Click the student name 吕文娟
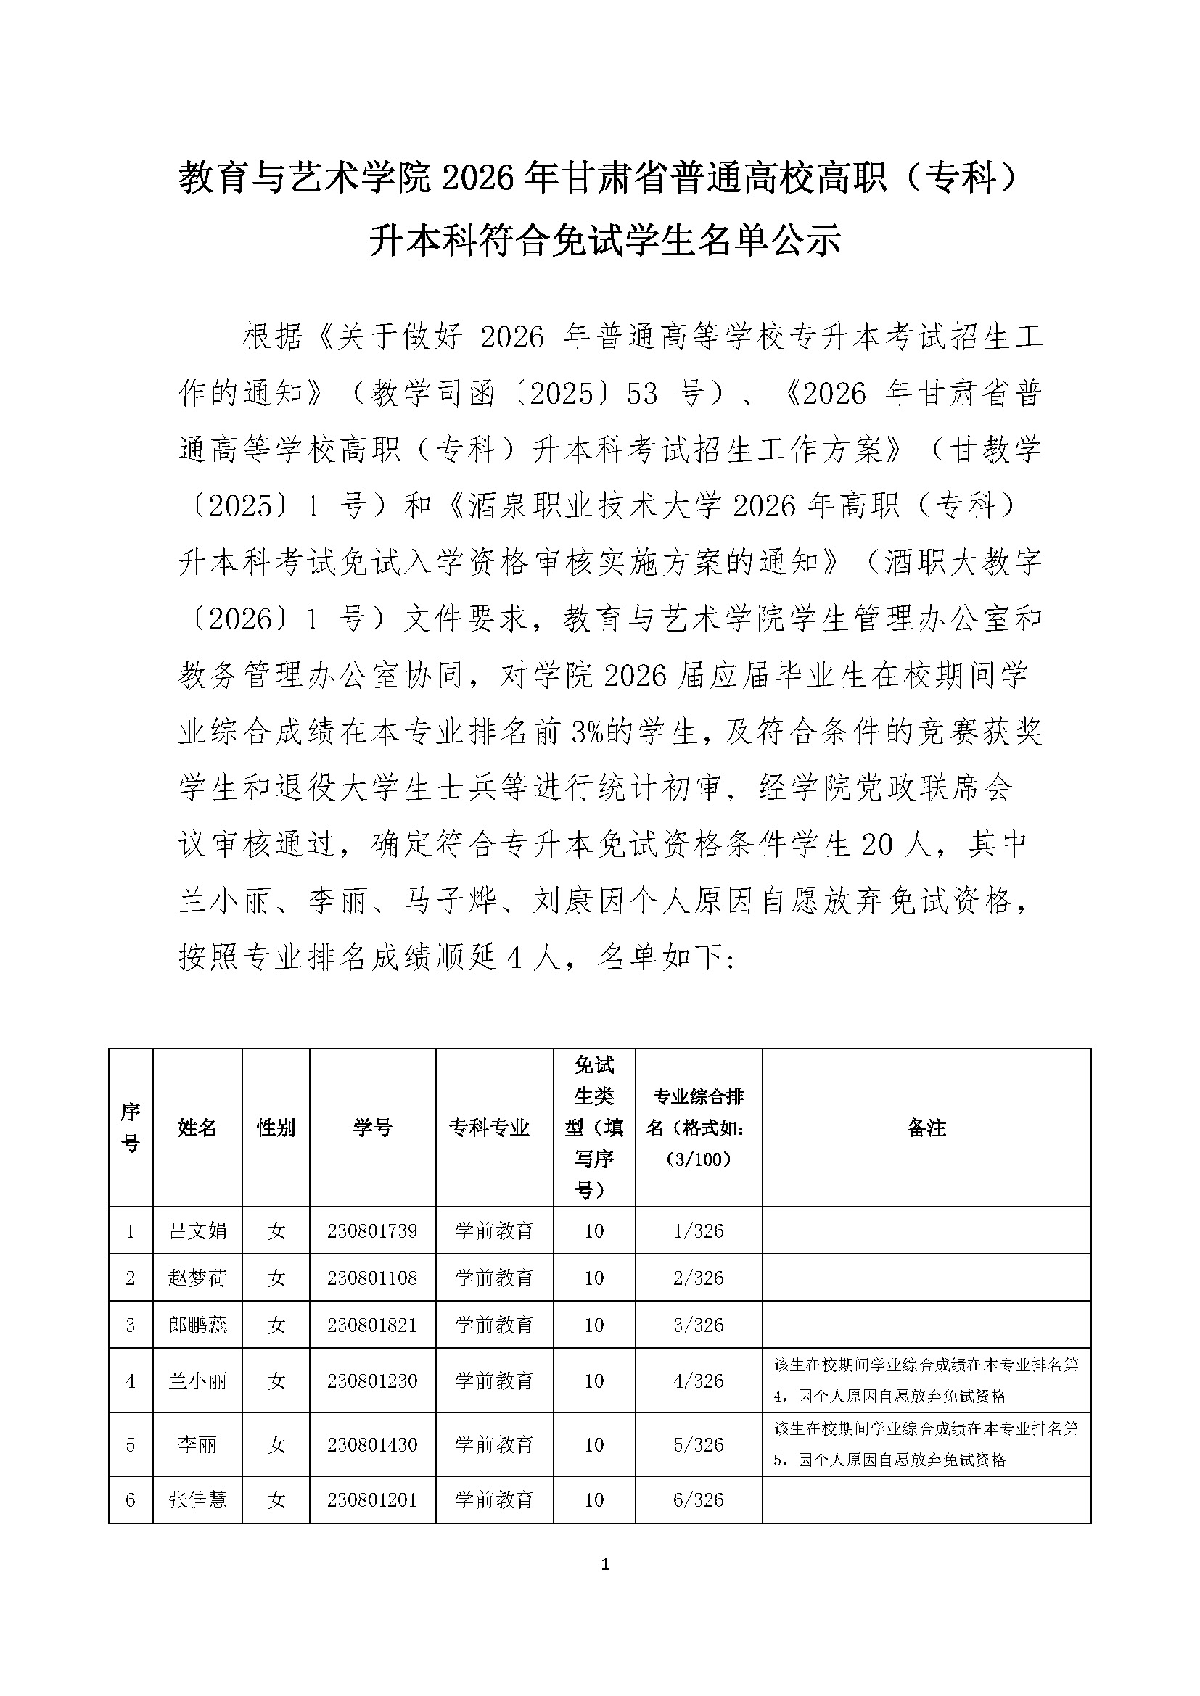(197, 1230)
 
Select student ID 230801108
(371, 1278)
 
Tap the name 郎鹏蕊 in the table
(197, 1325)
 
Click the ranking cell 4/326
(698, 1381)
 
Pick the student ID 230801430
(371, 1444)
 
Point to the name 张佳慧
(197, 1499)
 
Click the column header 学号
(371, 1128)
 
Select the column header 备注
(926, 1128)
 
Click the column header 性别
(276, 1128)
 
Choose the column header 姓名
(197, 1128)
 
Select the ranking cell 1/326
(698, 1230)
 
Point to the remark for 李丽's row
(926, 1444)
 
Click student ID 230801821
(371, 1325)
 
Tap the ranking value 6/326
(698, 1499)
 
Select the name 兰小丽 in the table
(197, 1381)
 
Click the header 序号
(131, 1128)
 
